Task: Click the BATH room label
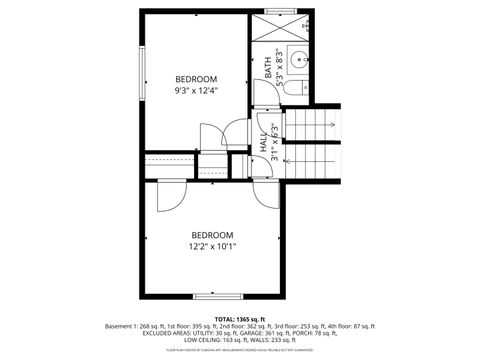[x=268, y=66]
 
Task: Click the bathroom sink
[x=299, y=57]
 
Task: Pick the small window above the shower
[x=280, y=11]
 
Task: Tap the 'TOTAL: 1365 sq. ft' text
[x=240, y=318]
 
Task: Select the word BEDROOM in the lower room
[x=212, y=234]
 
